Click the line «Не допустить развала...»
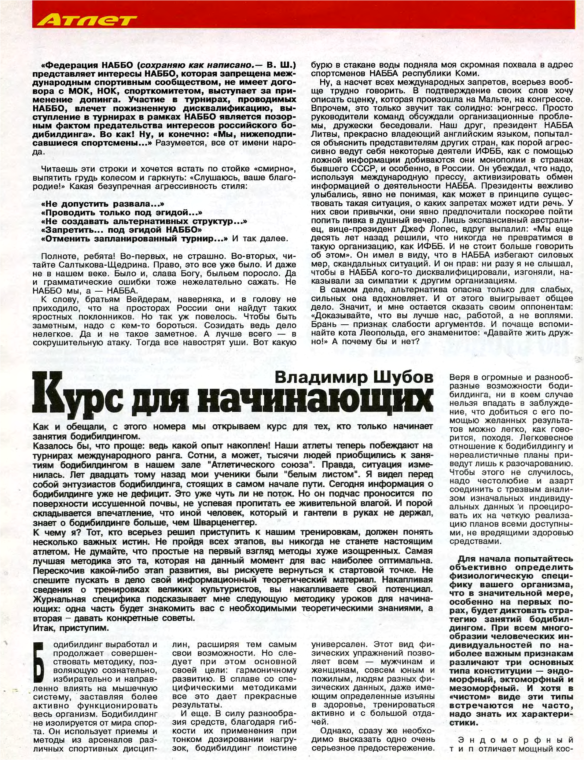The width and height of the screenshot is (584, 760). (x=103, y=204)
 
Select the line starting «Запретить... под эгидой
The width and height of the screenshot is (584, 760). (x=121, y=230)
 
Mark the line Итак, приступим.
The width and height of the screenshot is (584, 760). (x=71, y=627)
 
